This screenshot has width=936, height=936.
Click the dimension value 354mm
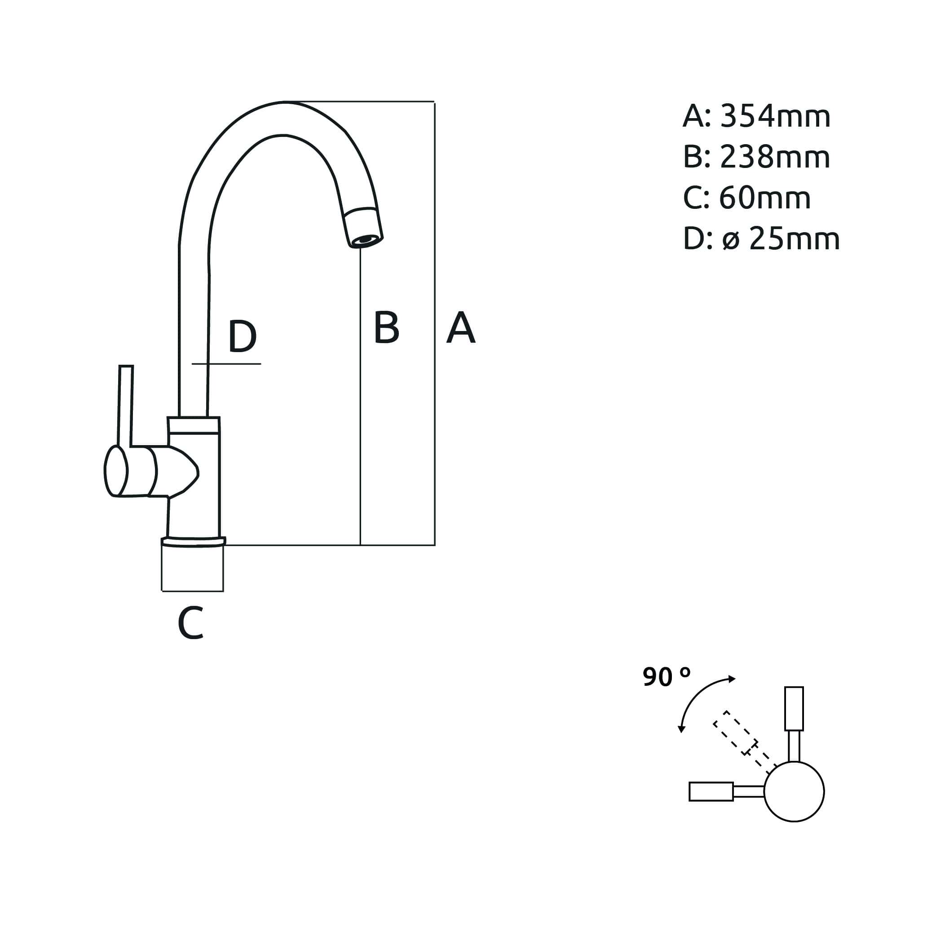point(775,117)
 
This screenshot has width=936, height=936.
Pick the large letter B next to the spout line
point(387,327)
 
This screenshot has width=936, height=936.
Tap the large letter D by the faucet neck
point(242,336)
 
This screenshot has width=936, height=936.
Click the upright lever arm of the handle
point(125,405)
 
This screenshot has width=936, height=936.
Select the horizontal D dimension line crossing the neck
point(226,363)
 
